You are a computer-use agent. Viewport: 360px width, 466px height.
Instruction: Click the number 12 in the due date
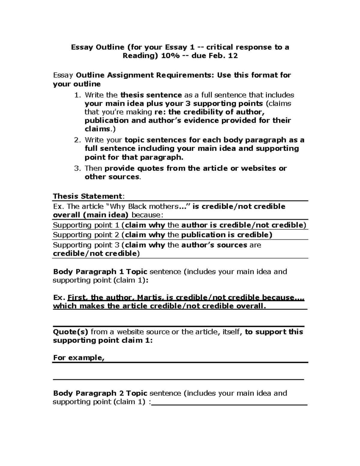click(233, 56)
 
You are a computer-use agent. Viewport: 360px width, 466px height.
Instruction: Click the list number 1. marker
click(77, 95)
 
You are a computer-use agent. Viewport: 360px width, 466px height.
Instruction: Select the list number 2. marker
click(77, 140)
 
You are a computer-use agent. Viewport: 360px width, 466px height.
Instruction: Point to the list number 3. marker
click(77, 168)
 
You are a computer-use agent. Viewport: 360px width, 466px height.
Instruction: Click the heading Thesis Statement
click(87, 196)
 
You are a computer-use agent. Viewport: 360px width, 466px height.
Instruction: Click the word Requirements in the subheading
click(184, 75)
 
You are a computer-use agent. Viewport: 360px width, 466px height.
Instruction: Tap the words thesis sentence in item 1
click(151, 95)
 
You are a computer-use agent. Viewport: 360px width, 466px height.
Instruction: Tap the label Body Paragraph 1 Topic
click(100, 272)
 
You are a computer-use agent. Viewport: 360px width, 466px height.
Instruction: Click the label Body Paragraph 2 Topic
click(100, 393)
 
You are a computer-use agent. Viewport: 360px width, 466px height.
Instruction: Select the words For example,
click(79, 358)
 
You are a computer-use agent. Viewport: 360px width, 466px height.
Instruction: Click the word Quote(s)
click(70, 332)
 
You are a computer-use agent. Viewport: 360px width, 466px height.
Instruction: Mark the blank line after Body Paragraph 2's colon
click(229, 404)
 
